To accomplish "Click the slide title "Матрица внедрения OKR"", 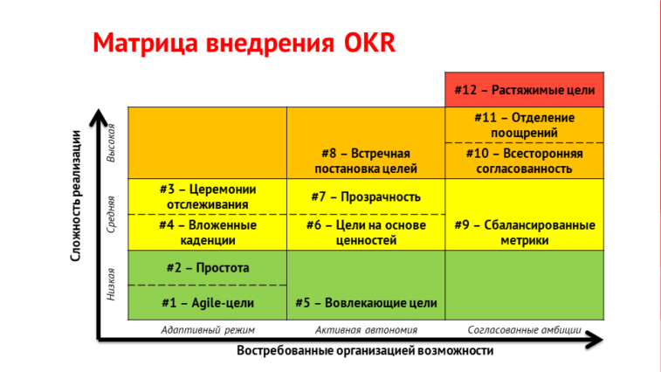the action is coord(244,43).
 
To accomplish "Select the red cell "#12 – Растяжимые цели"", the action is coord(525,90).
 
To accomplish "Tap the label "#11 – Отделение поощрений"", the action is coord(525,125).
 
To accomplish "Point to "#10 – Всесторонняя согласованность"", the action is coord(525,161).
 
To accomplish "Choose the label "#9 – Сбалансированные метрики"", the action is coord(525,232).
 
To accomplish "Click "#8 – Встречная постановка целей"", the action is coord(366,161).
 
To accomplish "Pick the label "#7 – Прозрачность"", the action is coord(366,196).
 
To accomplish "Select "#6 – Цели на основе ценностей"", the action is coord(366,232).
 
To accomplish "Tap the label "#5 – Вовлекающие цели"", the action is coord(366,303).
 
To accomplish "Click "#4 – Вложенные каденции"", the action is coord(208,232).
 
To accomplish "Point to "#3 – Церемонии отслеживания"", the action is coord(208,196).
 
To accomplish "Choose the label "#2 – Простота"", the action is coord(208,267).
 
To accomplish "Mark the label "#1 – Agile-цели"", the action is coord(208,303).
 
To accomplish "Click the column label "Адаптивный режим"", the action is coord(208,330).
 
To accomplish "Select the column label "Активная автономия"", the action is coord(366,330).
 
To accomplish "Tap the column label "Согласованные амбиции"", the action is coord(525,330).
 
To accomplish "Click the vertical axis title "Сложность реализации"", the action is coord(76,196).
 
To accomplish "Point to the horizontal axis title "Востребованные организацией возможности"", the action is coord(365,350).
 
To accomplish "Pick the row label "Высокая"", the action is coord(111,143).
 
